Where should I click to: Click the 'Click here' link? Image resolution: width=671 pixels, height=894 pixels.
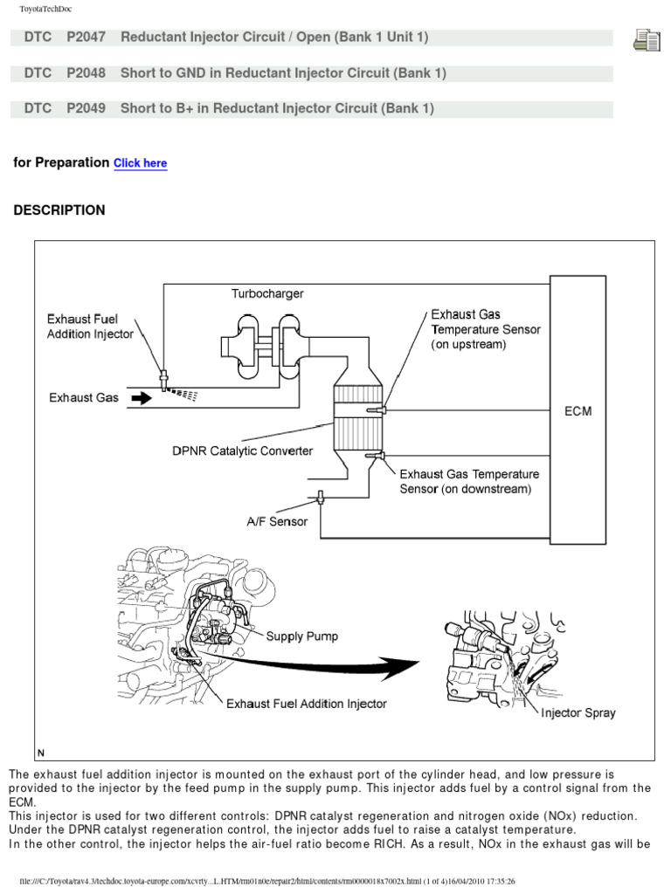140,163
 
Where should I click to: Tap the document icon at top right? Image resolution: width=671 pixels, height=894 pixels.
646,40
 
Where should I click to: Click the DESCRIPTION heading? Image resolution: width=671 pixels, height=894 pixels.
59,210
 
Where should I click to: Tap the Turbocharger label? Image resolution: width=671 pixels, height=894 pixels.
267,294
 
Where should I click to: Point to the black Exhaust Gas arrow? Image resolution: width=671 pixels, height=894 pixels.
140,398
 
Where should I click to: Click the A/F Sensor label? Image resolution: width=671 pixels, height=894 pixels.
276,522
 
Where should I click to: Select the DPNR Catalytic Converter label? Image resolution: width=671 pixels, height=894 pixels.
242,451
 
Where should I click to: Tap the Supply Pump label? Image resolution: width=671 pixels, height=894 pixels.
302,636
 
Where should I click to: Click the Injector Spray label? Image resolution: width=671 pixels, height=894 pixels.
578,712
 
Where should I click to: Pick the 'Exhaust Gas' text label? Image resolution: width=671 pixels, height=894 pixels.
84,398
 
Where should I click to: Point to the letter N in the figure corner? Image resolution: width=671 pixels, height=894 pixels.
41,753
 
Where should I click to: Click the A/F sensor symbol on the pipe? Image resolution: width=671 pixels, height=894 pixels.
321,498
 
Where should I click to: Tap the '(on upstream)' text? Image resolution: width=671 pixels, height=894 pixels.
469,345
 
